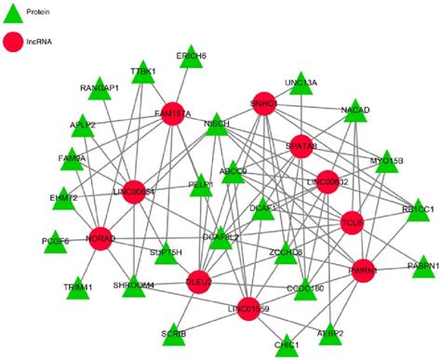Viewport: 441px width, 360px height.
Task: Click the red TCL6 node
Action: [x=352, y=223]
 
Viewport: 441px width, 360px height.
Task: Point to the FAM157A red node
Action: [x=174, y=113]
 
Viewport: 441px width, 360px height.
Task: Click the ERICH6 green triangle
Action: [x=191, y=56]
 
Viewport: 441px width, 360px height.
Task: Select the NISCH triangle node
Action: [x=216, y=123]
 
